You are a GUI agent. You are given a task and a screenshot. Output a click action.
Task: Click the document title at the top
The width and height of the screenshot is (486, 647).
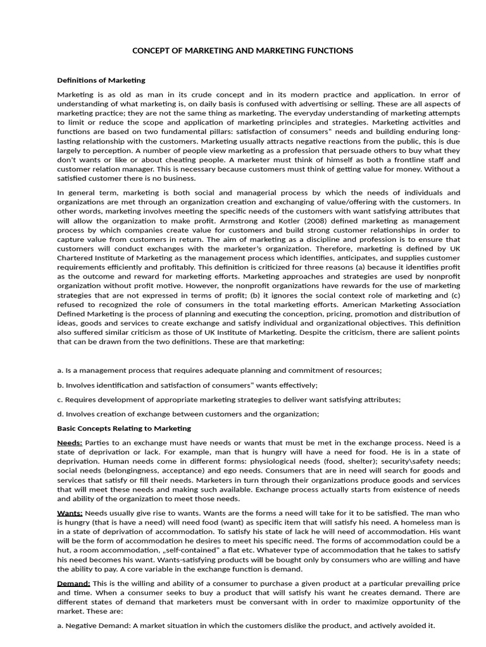pyautogui.click(x=242, y=50)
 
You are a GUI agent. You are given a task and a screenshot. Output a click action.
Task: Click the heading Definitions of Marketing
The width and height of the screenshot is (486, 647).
pyautogui.click(x=101, y=80)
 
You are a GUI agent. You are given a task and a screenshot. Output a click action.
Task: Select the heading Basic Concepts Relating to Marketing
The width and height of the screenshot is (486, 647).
pyautogui.click(x=124, y=428)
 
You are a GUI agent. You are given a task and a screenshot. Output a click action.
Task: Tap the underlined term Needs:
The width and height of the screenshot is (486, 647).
pyautogui.click(x=70, y=442)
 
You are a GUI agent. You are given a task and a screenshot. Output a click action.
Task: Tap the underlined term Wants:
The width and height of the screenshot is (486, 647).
pyautogui.click(x=70, y=512)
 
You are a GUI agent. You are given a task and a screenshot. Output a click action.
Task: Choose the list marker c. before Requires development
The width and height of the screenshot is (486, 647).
pyautogui.click(x=60, y=399)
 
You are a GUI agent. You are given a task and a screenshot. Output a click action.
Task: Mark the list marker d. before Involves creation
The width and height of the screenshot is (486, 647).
pyautogui.click(x=60, y=414)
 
